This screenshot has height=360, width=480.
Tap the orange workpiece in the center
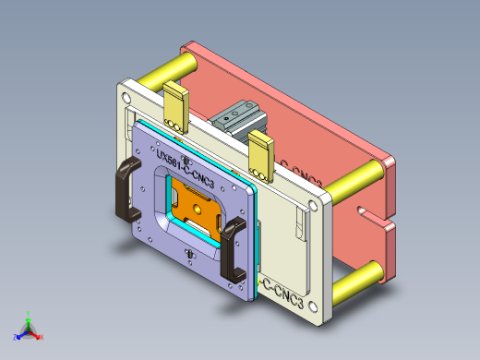196,205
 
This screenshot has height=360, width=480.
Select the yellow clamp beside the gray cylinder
261,152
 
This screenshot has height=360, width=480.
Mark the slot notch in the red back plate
374,221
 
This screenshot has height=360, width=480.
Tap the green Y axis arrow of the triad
29,316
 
